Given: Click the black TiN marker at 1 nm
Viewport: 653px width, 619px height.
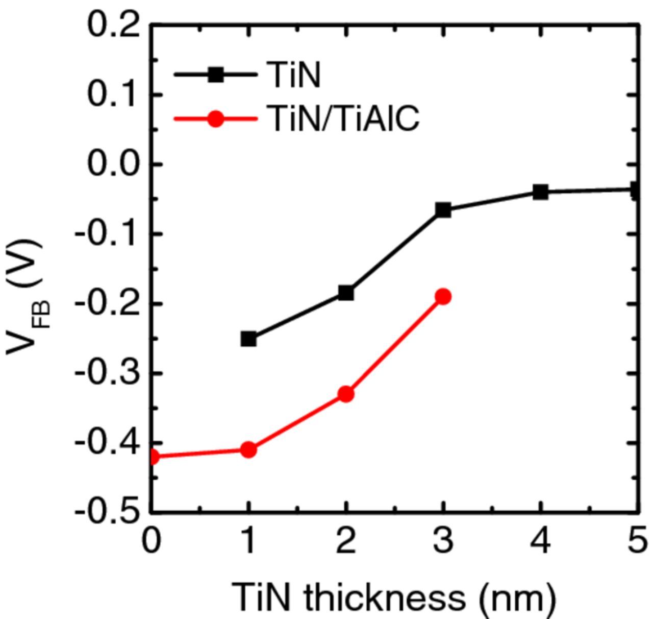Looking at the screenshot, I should (248, 339).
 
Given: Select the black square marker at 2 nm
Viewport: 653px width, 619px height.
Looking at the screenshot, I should (346, 293).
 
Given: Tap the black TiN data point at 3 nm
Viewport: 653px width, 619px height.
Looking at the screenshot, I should (443, 209).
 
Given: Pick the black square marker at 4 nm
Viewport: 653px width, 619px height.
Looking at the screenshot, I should (540, 192).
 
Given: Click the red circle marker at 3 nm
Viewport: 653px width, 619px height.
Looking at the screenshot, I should (443, 296).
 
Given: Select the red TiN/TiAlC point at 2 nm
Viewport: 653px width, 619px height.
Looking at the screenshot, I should (346, 394).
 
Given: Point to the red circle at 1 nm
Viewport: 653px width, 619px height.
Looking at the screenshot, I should (248, 449).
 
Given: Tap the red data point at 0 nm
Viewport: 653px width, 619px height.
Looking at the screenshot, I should (153, 457).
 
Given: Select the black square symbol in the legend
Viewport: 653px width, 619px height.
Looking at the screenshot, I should (215, 75).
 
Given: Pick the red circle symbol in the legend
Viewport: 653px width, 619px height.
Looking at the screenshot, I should (215, 119).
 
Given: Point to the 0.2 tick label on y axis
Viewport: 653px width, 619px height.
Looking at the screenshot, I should (113, 25).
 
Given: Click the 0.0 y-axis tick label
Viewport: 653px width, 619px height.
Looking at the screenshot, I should (113, 164).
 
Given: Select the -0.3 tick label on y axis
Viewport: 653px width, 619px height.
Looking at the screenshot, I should (107, 373).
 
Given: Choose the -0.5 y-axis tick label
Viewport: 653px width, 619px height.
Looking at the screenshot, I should (107, 512).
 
